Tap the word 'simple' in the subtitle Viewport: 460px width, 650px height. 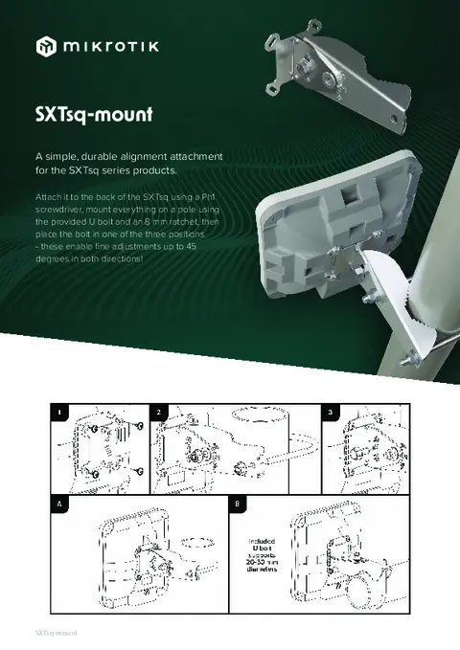coord(65,155)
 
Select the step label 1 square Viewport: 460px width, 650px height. coord(59,412)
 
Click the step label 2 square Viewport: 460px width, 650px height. coord(159,412)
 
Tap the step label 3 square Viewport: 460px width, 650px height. coord(330,412)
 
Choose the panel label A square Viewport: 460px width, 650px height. coord(59,503)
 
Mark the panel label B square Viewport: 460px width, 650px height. coord(237,503)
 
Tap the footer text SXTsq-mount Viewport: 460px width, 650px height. coord(55,633)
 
